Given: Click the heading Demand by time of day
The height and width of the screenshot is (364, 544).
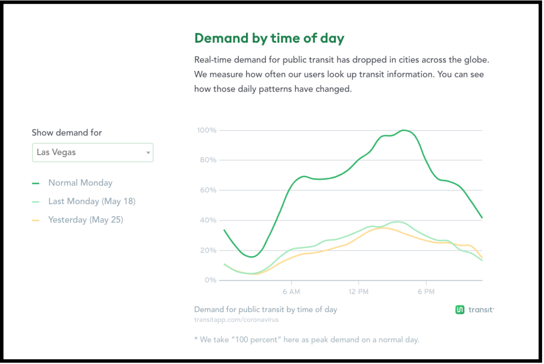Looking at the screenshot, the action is click(269, 38).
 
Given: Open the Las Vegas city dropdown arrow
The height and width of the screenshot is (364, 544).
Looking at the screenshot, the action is click(148, 152).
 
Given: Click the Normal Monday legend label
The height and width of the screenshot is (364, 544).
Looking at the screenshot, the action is click(80, 182).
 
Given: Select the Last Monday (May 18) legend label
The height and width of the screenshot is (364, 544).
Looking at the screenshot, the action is click(92, 201).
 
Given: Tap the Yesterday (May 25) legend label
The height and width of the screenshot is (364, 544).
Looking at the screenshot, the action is click(86, 220).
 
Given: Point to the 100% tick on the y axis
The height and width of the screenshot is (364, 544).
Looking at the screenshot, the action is click(207, 130).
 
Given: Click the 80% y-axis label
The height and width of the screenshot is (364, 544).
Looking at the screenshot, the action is click(208, 160).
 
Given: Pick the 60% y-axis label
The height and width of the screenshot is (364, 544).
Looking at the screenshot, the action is click(208, 190).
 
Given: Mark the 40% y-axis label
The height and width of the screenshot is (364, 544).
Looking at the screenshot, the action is click(208, 220).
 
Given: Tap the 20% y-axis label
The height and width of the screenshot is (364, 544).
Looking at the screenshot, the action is click(208, 250).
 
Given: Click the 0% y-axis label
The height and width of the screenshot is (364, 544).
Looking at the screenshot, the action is click(210, 280).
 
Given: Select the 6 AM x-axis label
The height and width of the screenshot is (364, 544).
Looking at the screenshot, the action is click(291, 292).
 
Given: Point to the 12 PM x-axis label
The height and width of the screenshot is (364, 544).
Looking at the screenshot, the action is click(358, 292).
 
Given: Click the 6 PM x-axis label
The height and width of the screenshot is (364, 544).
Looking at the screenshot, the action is click(426, 292).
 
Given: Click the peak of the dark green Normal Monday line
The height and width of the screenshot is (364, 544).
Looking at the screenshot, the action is click(404, 130).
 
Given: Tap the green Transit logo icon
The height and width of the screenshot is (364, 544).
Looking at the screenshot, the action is click(460, 309).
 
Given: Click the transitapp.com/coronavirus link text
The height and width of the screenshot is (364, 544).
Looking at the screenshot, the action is click(236, 320).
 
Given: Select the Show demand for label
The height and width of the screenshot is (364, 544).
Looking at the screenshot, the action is click(67, 133).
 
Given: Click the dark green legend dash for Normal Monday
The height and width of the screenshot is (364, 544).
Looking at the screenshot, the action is click(36, 183).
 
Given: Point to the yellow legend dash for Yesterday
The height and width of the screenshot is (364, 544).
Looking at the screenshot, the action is click(36, 220).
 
